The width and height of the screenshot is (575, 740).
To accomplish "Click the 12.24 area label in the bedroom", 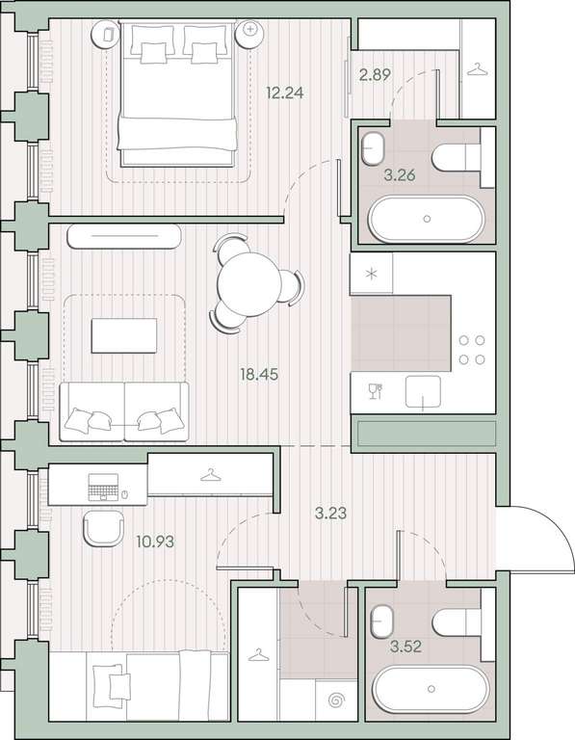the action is click(x=284, y=92).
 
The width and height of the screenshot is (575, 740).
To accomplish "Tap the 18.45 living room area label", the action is click(x=259, y=375).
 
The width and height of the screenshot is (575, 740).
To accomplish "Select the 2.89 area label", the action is click(x=375, y=74).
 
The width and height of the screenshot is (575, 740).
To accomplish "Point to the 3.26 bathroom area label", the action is click(x=399, y=175).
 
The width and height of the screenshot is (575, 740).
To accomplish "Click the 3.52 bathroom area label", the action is click(x=405, y=647).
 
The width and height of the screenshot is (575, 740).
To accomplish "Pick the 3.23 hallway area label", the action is click(x=330, y=513).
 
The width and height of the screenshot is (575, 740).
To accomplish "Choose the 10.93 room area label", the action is click(x=155, y=542).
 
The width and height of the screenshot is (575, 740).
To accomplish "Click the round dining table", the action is click(x=249, y=283).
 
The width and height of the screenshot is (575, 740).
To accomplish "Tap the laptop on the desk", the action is click(x=103, y=487).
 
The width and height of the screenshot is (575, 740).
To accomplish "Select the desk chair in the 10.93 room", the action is click(x=103, y=528).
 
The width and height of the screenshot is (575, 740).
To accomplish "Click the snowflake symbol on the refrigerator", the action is click(x=372, y=274).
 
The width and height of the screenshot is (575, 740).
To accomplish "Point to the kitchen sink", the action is click(x=423, y=391).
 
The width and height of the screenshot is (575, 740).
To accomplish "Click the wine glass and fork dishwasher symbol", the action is click(x=376, y=391).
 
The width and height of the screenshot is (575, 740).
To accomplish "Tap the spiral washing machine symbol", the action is click(x=336, y=700).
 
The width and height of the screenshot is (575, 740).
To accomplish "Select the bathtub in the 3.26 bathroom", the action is click(x=426, y=219).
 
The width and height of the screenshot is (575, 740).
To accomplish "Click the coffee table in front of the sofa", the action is click(x=124, y=335).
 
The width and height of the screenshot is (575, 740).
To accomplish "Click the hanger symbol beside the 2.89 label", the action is click(x=478, y=69).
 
